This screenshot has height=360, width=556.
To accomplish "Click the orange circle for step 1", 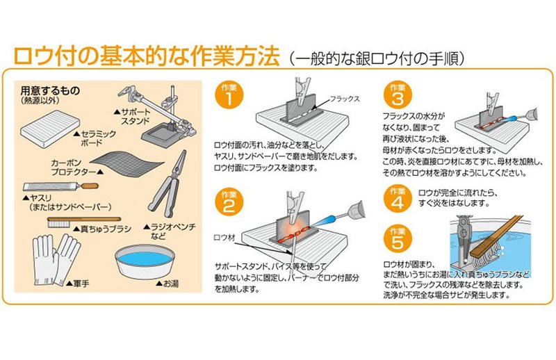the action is [229, 95].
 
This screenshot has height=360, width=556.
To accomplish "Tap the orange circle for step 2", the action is [229, 202].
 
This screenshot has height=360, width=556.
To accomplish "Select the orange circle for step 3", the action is [398, 95].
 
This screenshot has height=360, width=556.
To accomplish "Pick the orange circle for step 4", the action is [398, 199].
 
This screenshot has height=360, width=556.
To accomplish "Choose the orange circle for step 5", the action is [398, 238].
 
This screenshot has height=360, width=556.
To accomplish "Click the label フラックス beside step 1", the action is [345, 99].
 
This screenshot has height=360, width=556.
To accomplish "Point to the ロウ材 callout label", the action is [224, 237].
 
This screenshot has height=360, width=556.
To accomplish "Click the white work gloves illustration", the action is [56, 260].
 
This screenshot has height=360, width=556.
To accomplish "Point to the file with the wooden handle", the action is [60, 186].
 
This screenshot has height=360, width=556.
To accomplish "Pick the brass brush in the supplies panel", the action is [83, 222].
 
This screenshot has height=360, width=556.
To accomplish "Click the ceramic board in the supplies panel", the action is [50, 129].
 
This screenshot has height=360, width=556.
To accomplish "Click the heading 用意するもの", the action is [50, 91].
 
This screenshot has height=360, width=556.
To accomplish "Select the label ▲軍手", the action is [78, 284].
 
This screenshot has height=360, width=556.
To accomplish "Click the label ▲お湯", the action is [167, 284].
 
